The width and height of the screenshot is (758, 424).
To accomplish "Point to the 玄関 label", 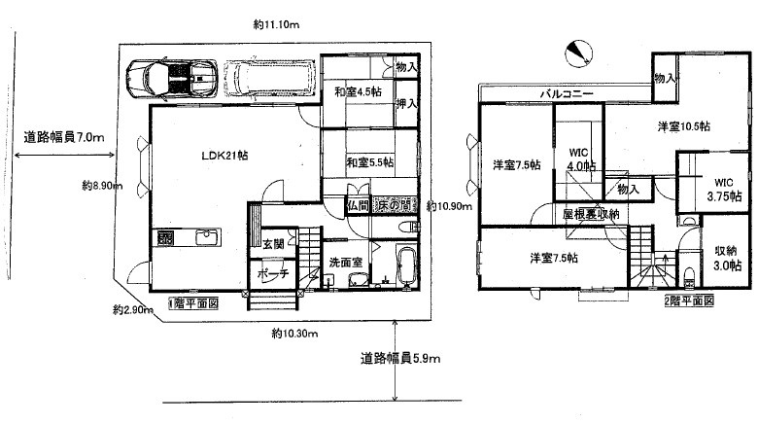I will pyautogui.click(x=272, y=244).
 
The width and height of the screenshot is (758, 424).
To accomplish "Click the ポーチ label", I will pyautogui.click(x=271, y=273).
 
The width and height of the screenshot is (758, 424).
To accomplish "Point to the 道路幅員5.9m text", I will pyautogui.click(x=400, y=358).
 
